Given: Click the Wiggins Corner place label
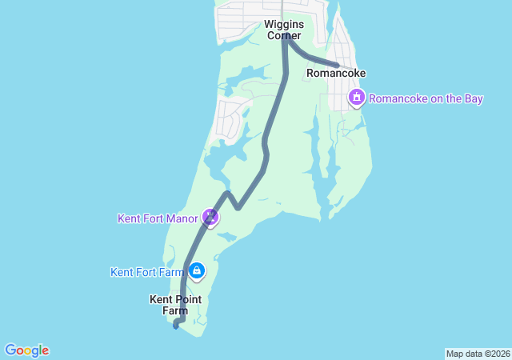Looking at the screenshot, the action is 283,30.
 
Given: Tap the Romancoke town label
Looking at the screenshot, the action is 336,74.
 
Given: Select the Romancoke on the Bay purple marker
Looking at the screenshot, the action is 356,98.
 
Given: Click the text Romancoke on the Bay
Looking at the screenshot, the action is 426,98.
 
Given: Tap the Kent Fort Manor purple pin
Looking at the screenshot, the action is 210,217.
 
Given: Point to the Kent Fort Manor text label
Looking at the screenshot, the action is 158,218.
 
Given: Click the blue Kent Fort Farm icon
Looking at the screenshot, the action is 196,271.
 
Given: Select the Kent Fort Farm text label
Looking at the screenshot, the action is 147,272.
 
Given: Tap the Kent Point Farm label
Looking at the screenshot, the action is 175,305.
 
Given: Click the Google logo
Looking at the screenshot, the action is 26,350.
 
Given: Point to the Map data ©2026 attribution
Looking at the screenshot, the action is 477,354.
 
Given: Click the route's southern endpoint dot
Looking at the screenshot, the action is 175,325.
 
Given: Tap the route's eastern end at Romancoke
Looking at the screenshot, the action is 338,65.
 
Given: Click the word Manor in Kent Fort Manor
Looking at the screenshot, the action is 182,218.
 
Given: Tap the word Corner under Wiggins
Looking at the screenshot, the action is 283,36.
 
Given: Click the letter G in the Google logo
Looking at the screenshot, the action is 10,350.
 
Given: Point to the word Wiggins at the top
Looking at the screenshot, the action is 283,25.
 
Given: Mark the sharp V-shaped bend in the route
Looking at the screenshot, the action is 238,207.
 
